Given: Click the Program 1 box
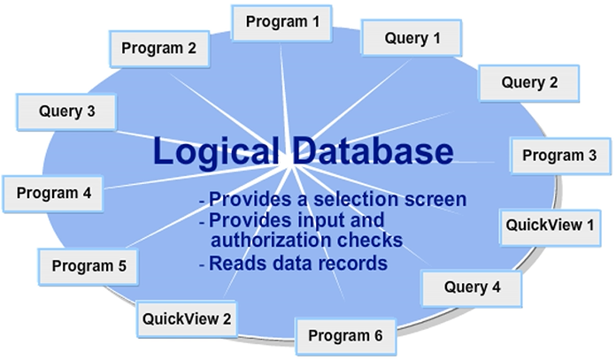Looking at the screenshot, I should pyautogui.click(x=282, y=20).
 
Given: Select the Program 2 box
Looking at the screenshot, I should pyautogui.click(x=159, y=49).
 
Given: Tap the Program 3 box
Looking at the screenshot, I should pyautogui.click(x=559, y=156).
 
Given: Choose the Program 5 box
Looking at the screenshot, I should pyautogui.click(x=89, y=264).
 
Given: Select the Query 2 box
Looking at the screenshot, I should pyautogui.click(x=529, y=83).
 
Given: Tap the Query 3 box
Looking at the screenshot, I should pyautogui.click(x=67, y=112).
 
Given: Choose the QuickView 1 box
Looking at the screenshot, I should pyautogui.click(x=550, y=225).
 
